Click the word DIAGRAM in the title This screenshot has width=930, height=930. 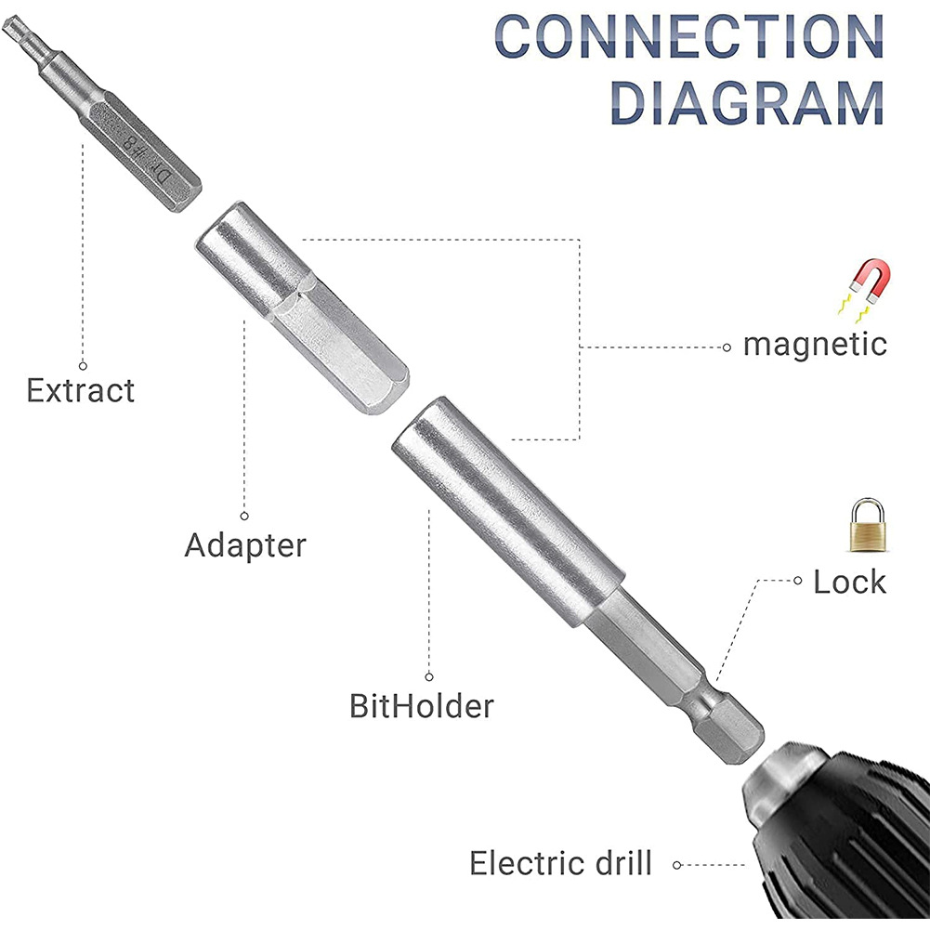(747, 102)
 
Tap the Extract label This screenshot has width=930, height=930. (80, 390)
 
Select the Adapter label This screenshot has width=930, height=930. (245, 544)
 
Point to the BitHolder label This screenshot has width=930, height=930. (421, 706)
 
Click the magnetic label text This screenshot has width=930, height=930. (815, 345)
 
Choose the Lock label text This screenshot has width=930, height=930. (849, 583)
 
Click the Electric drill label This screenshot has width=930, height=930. (560, 863)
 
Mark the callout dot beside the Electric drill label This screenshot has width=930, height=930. (677, 864)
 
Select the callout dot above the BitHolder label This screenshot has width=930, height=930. (429, 677)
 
